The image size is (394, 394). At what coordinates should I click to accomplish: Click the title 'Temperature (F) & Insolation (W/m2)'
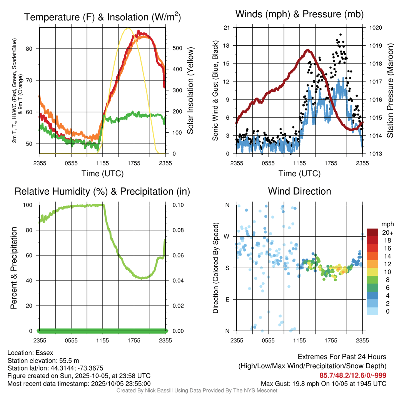[102, 17]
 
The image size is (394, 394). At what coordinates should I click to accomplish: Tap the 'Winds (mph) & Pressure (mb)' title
[299, 15]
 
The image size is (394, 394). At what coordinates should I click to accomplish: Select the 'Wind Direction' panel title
[299, 191]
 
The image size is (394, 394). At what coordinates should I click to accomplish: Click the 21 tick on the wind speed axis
[227, 28]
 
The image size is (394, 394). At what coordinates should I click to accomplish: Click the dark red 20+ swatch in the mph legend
[372, 232]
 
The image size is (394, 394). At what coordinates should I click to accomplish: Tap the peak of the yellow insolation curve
[128, 28]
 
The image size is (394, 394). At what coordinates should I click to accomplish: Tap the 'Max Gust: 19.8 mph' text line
[323, 383]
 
